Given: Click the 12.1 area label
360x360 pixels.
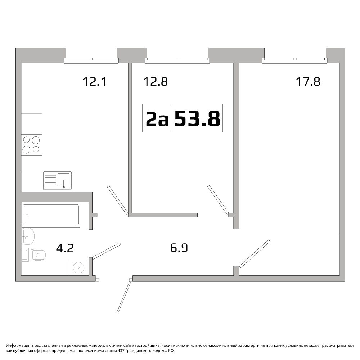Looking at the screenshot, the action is click(x=95, y=82).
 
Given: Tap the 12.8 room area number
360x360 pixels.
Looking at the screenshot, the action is click(x=156, y=82).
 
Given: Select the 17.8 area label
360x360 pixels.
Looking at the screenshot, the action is click(x=308, y=82).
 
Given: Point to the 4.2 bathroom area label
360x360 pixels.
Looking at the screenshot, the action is click(x=65, y=248).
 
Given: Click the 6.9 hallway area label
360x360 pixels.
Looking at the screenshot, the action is click(x=179, y=248).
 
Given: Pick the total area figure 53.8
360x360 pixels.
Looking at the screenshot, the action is click(x=197, y=118).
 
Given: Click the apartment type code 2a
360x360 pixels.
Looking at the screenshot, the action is click(x=157, y=118).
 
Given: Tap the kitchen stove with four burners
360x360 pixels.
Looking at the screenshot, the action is click(x=31, y=145).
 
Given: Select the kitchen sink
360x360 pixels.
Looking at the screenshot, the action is click(x=58, y=180).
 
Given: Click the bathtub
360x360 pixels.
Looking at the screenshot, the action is click(x=51, y=215).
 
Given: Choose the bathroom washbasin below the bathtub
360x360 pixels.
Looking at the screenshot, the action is click(x=28, y=236).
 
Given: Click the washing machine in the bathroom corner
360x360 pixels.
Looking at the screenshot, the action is click(x=78, y=267).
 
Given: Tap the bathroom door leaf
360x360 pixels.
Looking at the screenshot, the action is click(x=107, y=251).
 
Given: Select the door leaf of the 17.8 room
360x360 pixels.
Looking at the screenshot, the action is click(x=255, y=254).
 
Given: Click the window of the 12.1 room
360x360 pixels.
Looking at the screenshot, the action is click(x=91, y=60).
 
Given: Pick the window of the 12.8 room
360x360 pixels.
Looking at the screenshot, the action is click(x=177, y=60).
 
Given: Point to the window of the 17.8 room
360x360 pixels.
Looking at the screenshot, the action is click(x=295, y=60).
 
